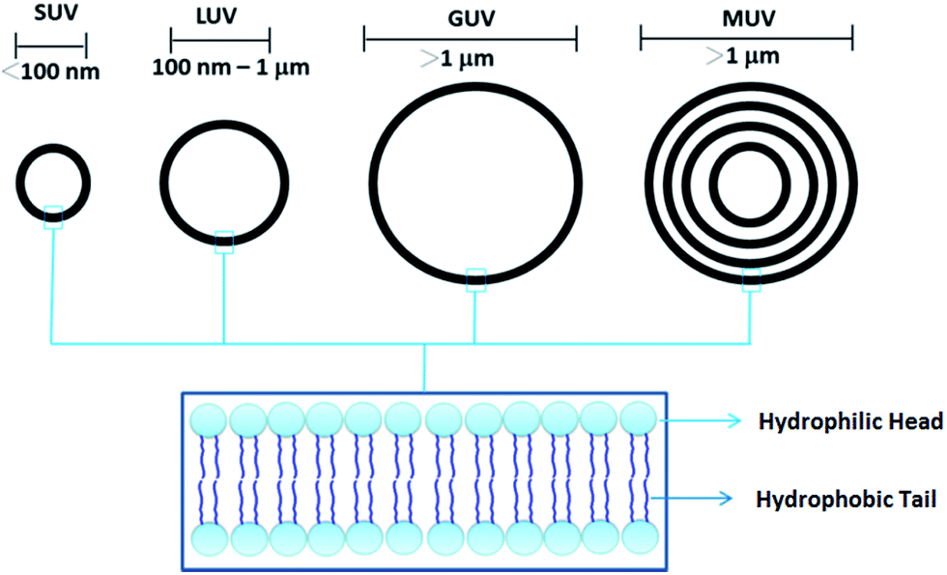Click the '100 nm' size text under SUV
[x=58, y=72]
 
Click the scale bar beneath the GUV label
[x=470, y=39]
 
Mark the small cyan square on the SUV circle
[x=53, y=217]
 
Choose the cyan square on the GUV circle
[x=475, y=280]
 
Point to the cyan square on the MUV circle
[x=751, y=280]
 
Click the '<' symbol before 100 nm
[x=10, y=72]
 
